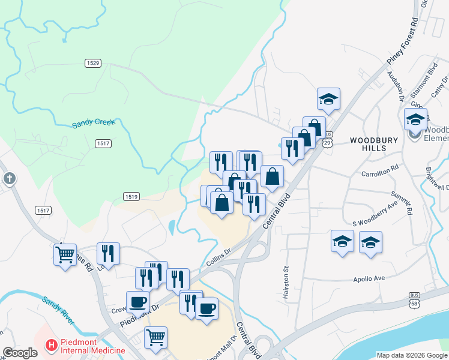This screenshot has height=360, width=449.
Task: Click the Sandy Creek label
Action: (x=93, y=124)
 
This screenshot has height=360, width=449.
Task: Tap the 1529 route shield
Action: (x=92, y=62)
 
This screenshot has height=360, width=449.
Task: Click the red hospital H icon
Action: (x=52, y=346)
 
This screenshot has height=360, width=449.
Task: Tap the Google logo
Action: (x=20, y=353)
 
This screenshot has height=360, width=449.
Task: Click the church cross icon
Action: (x=9, y=178)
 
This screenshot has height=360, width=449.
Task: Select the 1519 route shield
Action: (x=131, y=196)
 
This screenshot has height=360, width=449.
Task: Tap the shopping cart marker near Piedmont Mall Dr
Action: (x=155, y=337)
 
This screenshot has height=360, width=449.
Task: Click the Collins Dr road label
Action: (x=219, y=257)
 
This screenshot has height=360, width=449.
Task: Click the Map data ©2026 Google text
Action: (x=411, y=355)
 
